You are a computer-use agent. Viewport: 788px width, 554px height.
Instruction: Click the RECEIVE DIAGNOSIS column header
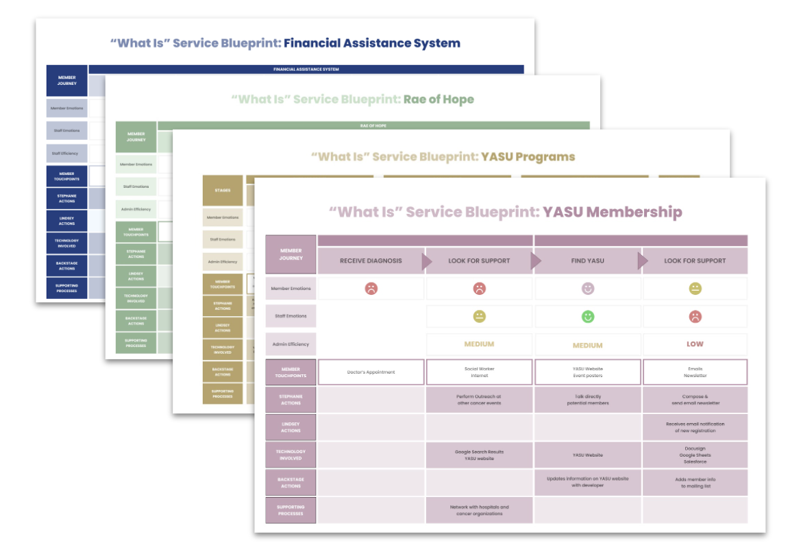pos(371,261)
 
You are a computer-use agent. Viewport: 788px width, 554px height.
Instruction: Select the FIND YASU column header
pos(587,261)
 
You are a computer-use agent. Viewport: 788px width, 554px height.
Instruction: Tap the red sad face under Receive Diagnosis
pos(371,289)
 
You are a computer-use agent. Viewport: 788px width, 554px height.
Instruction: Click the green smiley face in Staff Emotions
pos(587,317)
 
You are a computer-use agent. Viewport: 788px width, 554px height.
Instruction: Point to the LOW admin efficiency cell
pos(695,344)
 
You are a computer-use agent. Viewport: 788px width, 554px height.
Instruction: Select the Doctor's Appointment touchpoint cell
pos(371,372)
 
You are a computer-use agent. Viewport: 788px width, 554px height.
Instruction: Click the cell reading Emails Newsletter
pos(695,372)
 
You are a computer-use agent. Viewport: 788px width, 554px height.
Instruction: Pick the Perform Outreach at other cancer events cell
pos(479,400)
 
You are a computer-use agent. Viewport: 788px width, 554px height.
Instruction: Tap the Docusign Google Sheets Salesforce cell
pos(695,455)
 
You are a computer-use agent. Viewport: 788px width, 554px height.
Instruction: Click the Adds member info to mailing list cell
pos(695,483)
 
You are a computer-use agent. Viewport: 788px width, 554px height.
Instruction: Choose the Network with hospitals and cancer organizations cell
pos(479,510)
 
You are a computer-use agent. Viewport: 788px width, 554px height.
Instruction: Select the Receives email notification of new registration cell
pos(695,427)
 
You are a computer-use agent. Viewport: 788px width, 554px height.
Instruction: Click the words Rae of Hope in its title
pos(438,99)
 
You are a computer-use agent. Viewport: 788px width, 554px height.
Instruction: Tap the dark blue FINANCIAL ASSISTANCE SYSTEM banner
pos(306,69)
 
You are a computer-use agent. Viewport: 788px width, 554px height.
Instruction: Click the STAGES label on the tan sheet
pos(222,191)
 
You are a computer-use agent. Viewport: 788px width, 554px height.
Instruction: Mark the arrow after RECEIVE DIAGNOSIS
pos(427,261)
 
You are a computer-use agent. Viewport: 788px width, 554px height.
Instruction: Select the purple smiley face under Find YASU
pos(587,289)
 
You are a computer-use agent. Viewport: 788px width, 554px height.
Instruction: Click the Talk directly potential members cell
pos(587,400)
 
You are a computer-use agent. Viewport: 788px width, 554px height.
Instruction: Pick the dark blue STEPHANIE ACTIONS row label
pos(66,198)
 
